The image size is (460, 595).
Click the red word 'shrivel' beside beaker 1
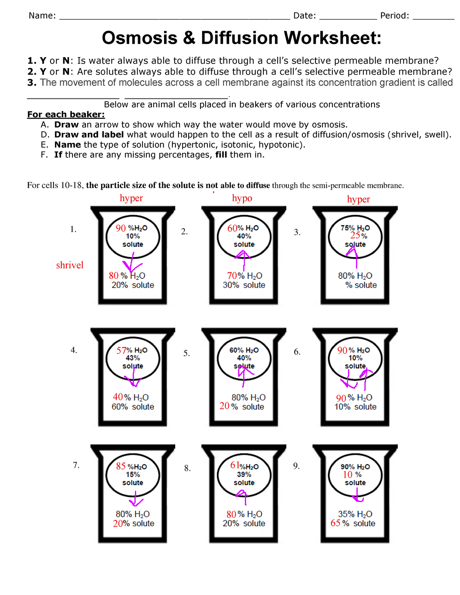tap(69, 265)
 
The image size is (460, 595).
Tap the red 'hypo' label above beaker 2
tap(242, 198)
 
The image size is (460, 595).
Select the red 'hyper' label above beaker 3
tap(358, 199)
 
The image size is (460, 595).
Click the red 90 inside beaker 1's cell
tap(121, 228)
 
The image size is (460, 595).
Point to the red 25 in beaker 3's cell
tap(355, 236)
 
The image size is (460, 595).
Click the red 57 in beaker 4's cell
tap(122, 351)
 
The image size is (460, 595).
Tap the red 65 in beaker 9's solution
tap(335, 523)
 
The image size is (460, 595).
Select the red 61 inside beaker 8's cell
tap(235, 465)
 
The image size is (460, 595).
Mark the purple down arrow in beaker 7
tap(135, 499)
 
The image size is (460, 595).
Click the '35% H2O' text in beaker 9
tap(355, 514)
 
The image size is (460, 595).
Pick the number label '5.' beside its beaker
tap(186, 353)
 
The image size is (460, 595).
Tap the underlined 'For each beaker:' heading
tap(66, 115)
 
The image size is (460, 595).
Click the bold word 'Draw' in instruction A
tap(66, 125)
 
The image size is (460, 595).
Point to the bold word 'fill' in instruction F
tap(221, 155)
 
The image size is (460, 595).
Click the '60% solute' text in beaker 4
tap(133, 407)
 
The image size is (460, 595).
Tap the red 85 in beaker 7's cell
tap(121, 466)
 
